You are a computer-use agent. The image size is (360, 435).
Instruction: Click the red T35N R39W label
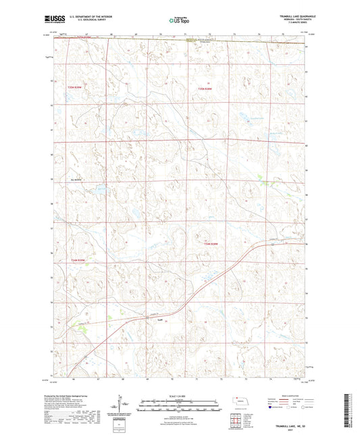pyautogui.click(x=79, y=89)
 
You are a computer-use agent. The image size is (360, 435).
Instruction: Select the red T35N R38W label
pyautogui.click(x=205, y=89)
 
